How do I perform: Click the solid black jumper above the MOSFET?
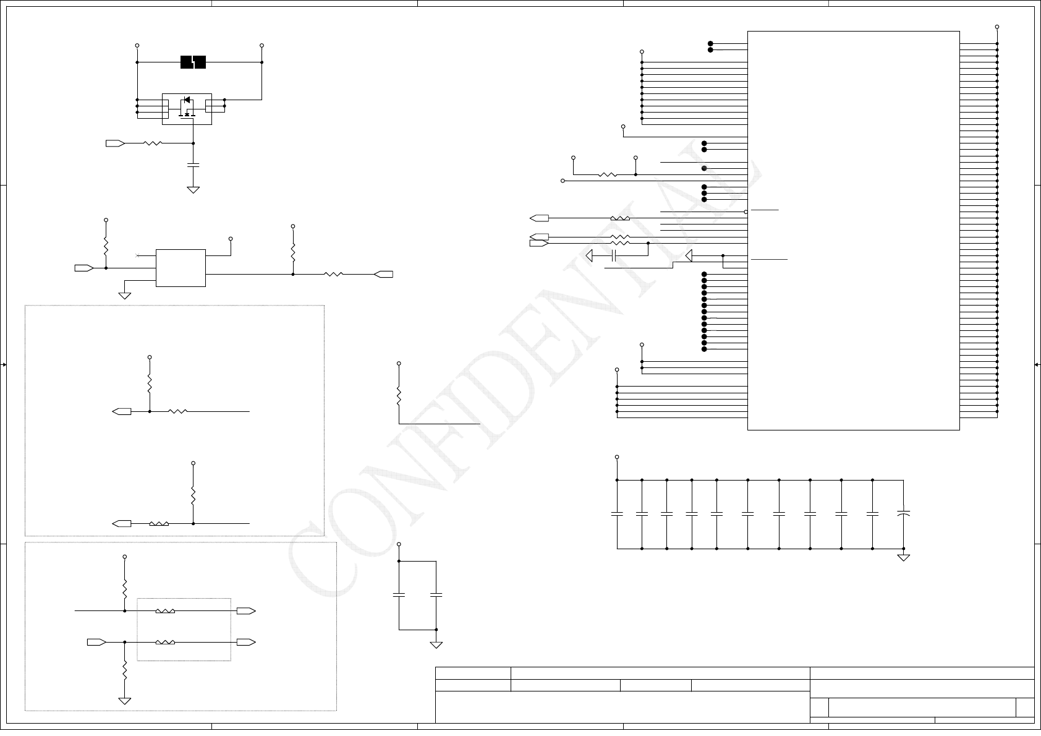[x=193, y=62]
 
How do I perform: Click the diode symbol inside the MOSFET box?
[x=187, y=100]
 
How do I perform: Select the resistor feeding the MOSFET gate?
[x=153, y=143]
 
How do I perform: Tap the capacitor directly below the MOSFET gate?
[x=193, y=165]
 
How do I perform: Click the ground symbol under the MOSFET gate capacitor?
[x=193, y=190]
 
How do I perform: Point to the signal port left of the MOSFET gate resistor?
[x=115, y=143]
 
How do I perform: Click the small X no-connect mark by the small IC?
[x=137, y=255]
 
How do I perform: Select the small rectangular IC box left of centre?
[x=181, y=268]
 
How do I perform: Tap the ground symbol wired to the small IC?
[x=125, y=296]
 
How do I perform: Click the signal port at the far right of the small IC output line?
[x=384, y=274]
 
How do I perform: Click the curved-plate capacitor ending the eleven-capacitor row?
[x=904, y=513]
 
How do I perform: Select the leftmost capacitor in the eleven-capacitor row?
[x=617, y=513]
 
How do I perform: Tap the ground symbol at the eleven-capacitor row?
[x=904, y=557]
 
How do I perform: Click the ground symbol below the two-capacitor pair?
[x=436, y=644]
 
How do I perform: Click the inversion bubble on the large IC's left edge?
[x=746, y=212]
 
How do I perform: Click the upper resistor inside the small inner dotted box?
[x=165, y=611]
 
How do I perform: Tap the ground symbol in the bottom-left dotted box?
[x=125, y=701]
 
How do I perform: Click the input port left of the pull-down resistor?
[x=96, y=642]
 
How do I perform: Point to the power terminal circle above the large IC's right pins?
[x=997, y=27]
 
